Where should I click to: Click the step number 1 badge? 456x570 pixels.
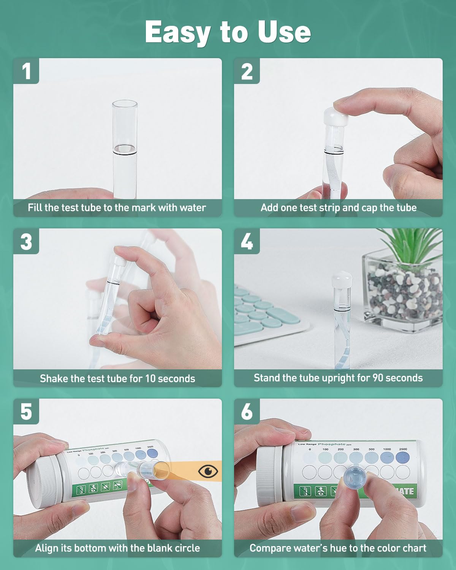click(26, 71)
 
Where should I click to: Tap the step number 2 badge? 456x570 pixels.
click(247, 71)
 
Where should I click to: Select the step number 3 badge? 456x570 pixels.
click(26, 241)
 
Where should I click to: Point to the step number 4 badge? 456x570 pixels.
click(247, 241)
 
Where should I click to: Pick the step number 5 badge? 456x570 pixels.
click(26, 412)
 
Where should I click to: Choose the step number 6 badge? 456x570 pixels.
click(247, 412)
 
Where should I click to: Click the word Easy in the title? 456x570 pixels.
click(177, 32)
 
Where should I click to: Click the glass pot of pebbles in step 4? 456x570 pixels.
click(403, 293)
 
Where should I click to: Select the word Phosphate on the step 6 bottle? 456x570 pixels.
click(331, 444)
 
